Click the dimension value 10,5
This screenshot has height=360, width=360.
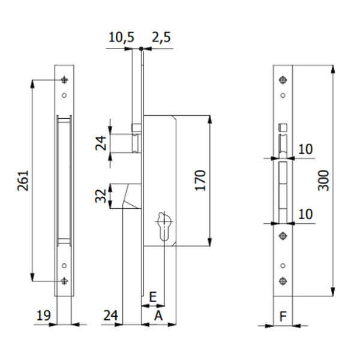[121, 37]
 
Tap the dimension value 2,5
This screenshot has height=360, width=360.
[161, 37]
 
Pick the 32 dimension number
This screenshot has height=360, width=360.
[102, 196]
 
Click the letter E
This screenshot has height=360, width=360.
[152, 297]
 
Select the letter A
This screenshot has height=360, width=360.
[158, 314]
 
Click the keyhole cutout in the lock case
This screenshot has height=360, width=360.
[163, 226]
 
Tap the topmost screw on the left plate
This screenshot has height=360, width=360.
[64, 81]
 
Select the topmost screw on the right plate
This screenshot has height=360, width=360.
[282, 80]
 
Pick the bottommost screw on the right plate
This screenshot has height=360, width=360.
[282, 280]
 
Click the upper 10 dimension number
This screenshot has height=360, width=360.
[305, 149]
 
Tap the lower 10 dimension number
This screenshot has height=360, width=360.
[305, 214]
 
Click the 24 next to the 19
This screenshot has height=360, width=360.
[109, 314]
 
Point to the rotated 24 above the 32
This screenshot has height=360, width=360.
[102, 143]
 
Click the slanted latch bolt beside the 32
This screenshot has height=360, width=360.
[131, 196]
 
